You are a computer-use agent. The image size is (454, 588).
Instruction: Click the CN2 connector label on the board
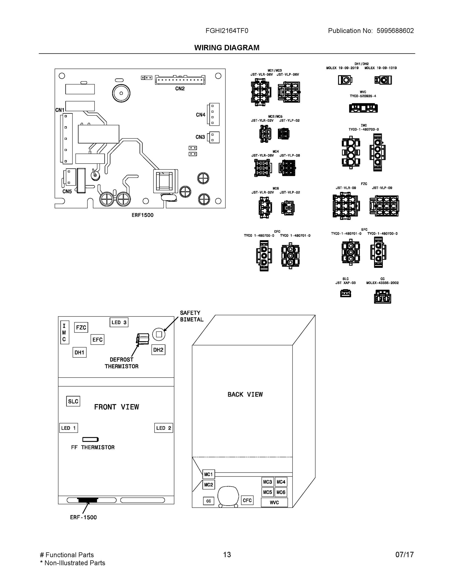click(180, 89)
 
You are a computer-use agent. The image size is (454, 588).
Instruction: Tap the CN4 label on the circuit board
click(200, 115)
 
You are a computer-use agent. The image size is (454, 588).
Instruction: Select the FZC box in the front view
click(81, 327)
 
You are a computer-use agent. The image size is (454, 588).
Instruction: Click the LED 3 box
click(119, 322)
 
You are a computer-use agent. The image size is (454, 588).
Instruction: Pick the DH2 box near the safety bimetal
click(158, 350)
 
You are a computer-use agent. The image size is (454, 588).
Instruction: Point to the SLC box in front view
click(73, 401)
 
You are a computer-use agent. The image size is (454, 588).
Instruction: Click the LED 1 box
click(68, 428)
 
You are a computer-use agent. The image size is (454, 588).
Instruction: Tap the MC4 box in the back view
click(281, 482)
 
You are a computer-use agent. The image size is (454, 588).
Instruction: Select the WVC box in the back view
click(274, 502)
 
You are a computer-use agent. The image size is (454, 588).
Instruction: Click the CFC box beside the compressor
click(247, 500)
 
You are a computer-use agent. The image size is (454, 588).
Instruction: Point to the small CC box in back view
click(209, 501)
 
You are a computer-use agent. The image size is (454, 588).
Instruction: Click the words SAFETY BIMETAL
click(191, 316)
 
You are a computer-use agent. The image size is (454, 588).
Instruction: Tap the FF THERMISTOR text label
click(93, 447)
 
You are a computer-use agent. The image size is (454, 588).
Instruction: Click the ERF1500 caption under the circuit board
click(142, 215)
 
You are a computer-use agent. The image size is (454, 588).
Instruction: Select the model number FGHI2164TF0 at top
click(227, 31)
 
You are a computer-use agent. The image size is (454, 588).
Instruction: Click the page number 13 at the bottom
click(227, 555)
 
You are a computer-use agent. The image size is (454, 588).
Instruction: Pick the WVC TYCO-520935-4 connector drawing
click(363, 108)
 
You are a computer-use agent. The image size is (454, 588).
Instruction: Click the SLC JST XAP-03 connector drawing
click(345, 293)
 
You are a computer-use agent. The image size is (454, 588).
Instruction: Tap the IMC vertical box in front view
click(65, 332)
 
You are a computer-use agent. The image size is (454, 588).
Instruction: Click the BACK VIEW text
click(245, 394)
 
